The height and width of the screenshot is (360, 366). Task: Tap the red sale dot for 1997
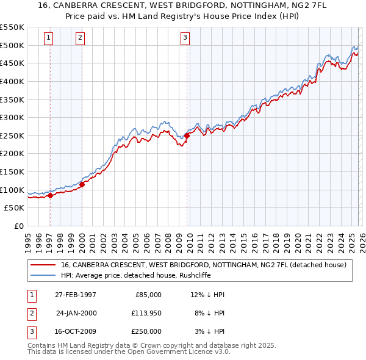point(51,195)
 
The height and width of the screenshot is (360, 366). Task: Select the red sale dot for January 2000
point(82,185)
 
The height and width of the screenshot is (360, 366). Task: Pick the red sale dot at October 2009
point(187,136)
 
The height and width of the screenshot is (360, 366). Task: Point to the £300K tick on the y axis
point(12,117)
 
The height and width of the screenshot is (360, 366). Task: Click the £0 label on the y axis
point(19,226)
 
